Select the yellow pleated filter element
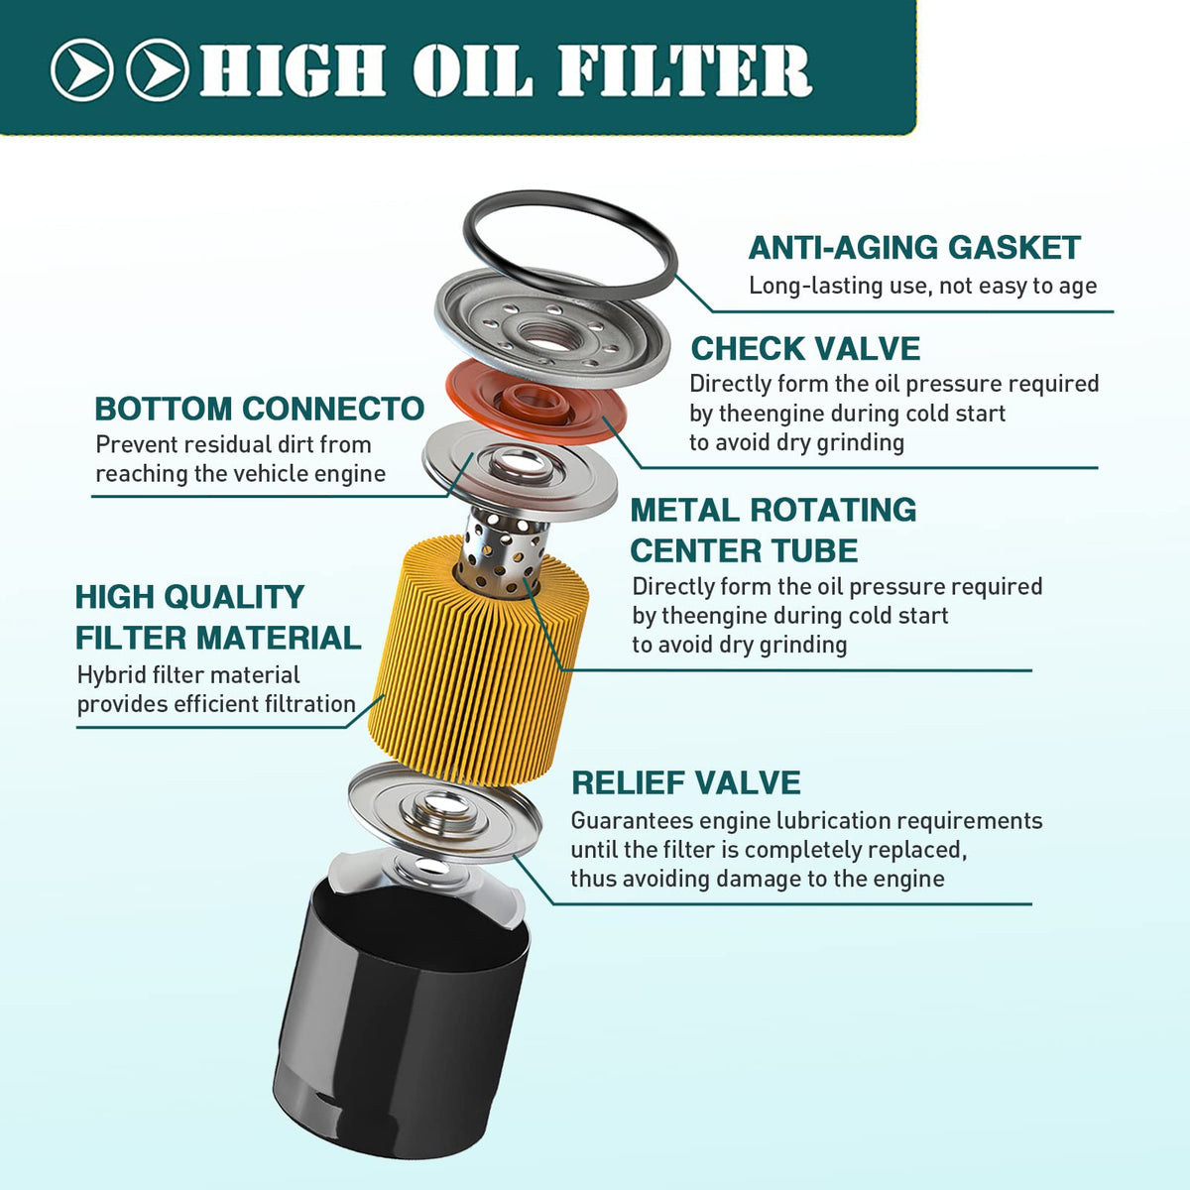tap(477, 660)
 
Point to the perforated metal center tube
tap(504, 551)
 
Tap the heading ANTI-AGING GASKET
tap(914, 248)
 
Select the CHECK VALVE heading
tap(805, 349)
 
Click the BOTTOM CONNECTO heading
tap(260, 409)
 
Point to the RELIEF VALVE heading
tap(686, 783)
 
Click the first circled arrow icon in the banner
tap(82, 69)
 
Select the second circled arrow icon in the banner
tap(158, 69)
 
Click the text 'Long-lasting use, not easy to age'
tap(923, 286)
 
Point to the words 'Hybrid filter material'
tap(188, 674)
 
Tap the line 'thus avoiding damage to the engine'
tap(758, 879)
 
